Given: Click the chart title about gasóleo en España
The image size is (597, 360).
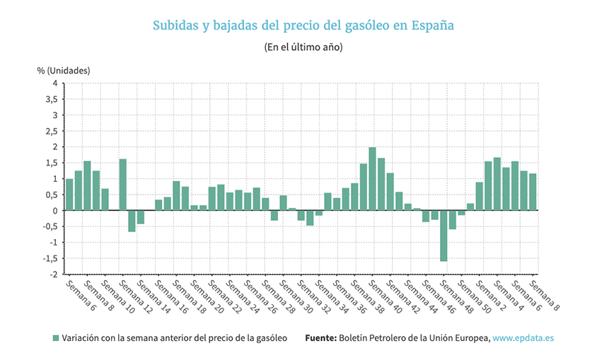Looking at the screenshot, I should click(x=303, y=25).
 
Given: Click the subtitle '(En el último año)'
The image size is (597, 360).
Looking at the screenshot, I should click(x=303, y=47).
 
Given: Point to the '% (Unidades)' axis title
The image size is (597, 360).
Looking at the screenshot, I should click(x=64, y=71).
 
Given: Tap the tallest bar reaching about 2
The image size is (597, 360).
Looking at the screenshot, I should click(x=372, y=178).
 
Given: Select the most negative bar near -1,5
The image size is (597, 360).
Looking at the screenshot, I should click(x=444, y=236).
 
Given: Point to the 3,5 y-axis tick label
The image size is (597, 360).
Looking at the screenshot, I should click(x=51, y=100).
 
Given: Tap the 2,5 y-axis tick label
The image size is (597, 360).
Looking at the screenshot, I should click(x=51, y=132).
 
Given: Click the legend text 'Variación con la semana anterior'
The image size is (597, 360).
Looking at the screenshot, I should click(x=174, y=338).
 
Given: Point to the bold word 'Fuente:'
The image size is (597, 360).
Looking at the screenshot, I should click(x=320, y=338).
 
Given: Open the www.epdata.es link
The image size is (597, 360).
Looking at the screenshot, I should click(x=523, y=338).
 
